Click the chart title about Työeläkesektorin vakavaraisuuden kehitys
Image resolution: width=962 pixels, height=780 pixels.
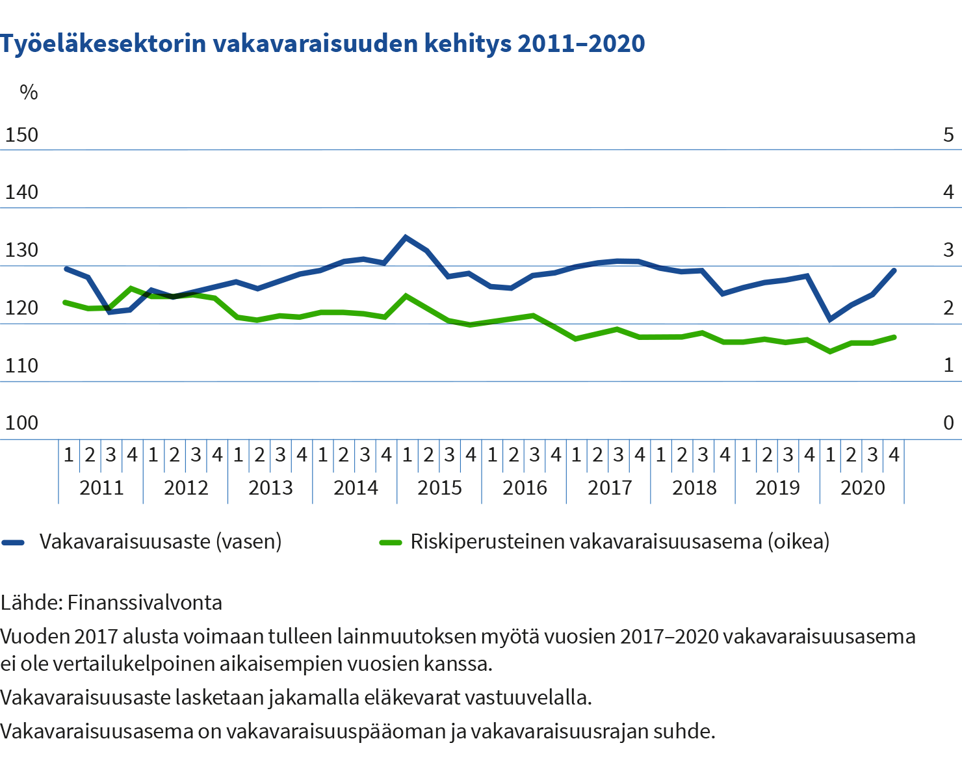click(322, 44)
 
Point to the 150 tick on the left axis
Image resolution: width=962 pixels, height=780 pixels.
click(21, 135)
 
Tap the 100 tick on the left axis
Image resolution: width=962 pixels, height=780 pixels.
click(21, 423)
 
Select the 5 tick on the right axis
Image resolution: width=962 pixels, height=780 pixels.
click(948, 135)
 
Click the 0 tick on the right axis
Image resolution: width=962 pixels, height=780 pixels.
click(948, 423)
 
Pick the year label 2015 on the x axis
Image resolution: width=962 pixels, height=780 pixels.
click(439, 487)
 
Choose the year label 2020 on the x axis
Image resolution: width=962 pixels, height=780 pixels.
click(863, 487)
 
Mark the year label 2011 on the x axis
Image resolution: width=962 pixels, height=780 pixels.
click(101, 487)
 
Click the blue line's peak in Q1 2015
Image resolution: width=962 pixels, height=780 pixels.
click(406, 237)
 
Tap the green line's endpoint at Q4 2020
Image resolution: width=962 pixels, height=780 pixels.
click(894, 337)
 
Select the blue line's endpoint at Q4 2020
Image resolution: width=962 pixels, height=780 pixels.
click(894, 270)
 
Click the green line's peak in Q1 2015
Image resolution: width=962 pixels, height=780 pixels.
click(406, 295)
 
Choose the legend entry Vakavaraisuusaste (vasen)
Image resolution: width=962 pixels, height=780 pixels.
click(160, 541)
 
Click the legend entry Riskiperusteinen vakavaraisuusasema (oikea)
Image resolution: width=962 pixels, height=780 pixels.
click(619, 541)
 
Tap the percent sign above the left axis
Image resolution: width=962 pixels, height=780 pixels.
click(29, 92)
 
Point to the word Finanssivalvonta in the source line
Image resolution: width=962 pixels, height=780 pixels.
click(144, 603)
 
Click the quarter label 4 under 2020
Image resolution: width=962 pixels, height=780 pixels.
click(894, 455)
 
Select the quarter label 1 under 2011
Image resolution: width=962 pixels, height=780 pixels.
click(68, 455)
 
